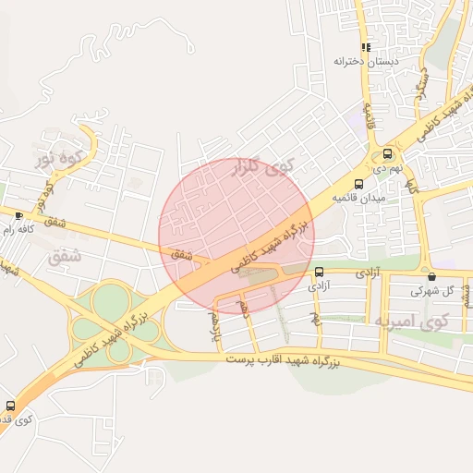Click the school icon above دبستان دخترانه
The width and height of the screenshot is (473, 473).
click(x=367, y=46)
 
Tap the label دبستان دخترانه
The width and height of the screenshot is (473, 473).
click(x=367, y=62)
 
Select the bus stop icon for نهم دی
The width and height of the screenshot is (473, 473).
click(x=387, y=154)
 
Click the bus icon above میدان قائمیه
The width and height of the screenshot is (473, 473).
click(x=358, y=184)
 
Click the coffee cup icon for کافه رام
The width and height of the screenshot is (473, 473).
click(x=20, y=215)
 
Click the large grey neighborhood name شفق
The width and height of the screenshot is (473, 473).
click(x=63, y=255)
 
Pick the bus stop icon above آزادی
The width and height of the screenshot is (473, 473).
click(x=319, y=273)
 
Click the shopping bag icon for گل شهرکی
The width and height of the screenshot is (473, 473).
click(x=431, y=276)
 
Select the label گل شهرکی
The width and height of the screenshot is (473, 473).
click(x=436, y=290)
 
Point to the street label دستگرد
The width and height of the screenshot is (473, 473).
click(x=422, y=82)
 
